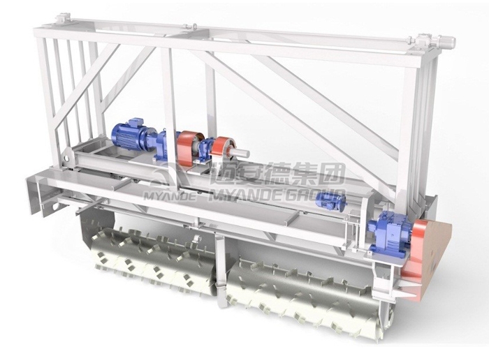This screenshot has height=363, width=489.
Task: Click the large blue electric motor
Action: click(129, 137)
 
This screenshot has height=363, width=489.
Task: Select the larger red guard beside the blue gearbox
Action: click(189, 148)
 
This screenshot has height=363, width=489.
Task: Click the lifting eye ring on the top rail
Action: click(195, 27)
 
